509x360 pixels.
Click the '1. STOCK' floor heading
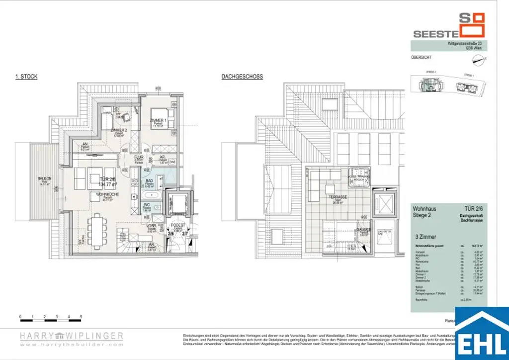pyautogui.click(x=26, y=77)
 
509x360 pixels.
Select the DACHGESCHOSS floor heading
pyautogui.click(x=242, y=77)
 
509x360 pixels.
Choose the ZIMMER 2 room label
pyautogui.click(x=120, y=130)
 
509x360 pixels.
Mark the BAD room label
pyautogui.click(x=150, y=181)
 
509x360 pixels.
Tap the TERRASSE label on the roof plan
pyautogui.click(x=339, y=196)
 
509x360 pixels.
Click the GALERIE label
pyautogui.click(x=362, y=230)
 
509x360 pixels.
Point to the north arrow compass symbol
pyautogui.click(x=478, y=60)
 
